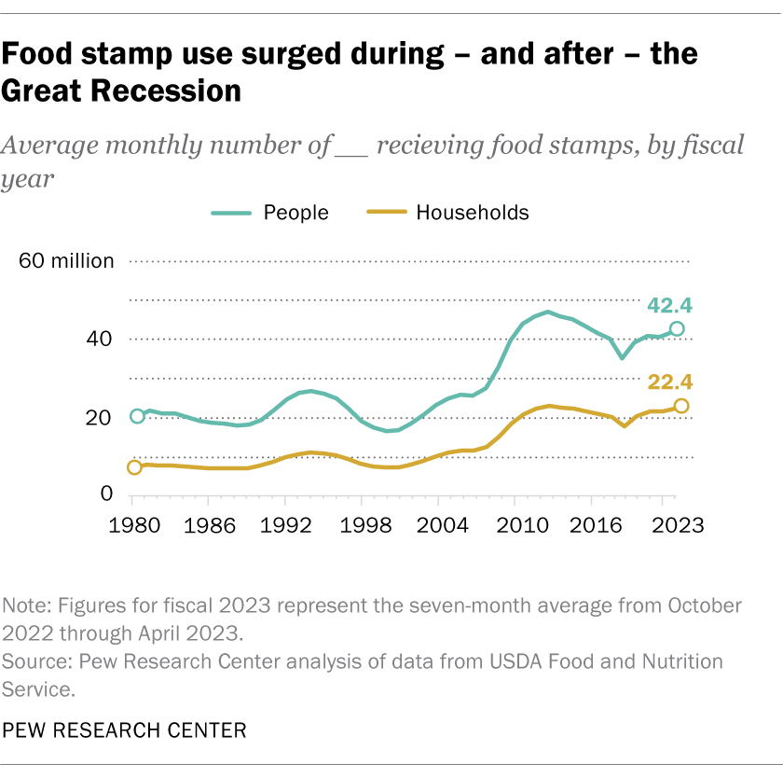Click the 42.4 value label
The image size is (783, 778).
[670, 305]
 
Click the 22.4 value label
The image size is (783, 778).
[670, 382]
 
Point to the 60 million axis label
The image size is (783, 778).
[66, 261]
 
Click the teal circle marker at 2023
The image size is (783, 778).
[678, 328]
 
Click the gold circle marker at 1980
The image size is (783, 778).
[134, 467]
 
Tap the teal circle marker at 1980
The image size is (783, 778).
[137, 416]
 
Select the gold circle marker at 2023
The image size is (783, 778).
[681, 406]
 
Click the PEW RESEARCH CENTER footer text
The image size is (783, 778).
[125, 729]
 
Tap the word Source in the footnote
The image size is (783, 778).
[36, 661]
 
